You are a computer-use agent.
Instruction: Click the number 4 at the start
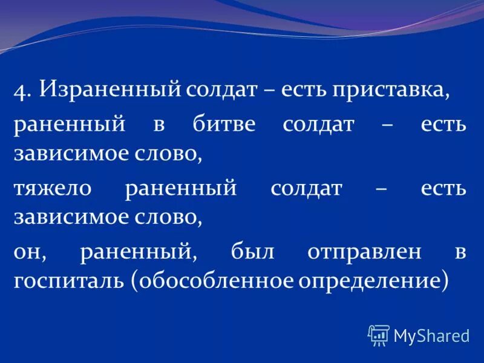[x=22, y=91]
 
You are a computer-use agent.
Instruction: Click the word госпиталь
[x=67, y=281]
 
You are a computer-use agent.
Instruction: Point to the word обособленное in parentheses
[x=217, y=281]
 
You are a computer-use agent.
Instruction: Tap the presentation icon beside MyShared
[x=379, y=335]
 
